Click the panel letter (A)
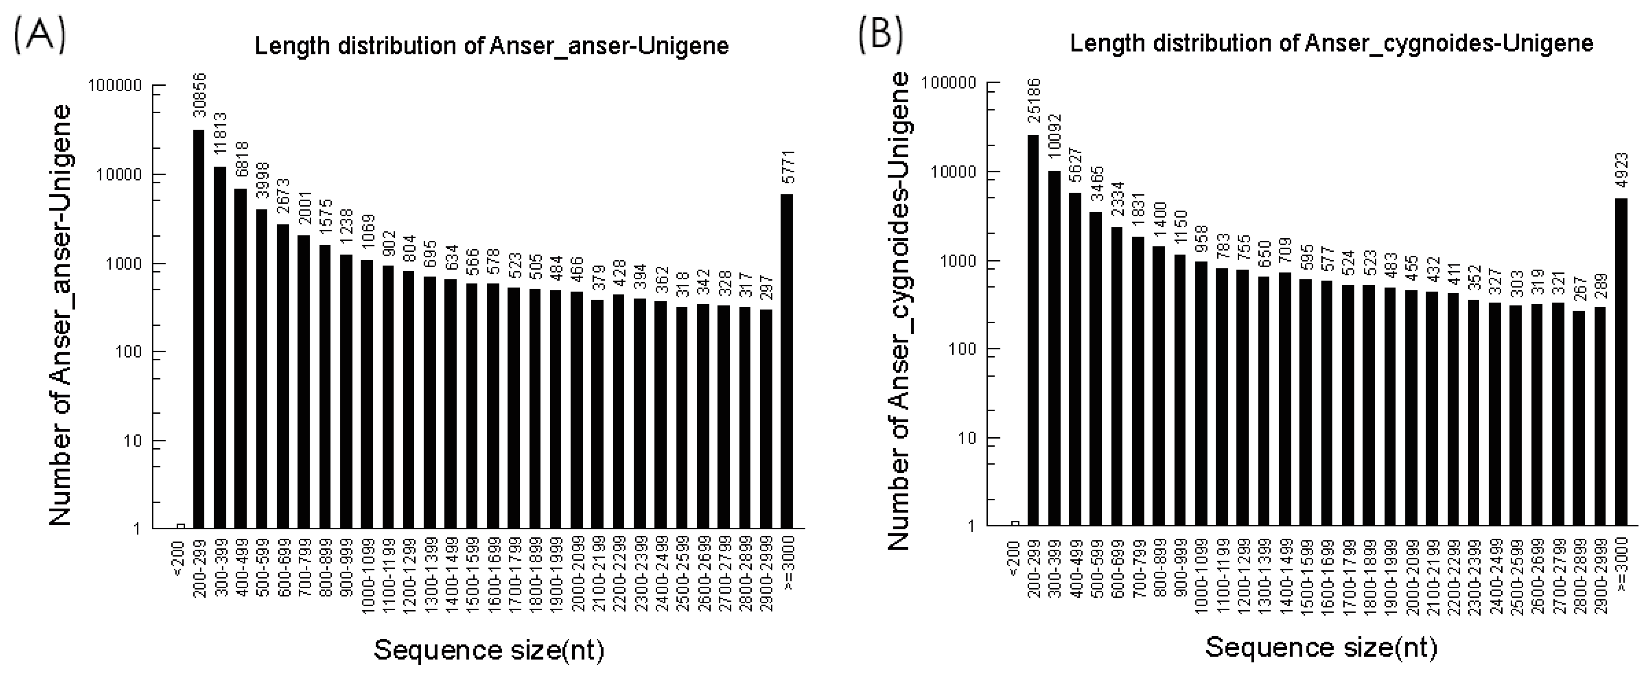tap(38, 37)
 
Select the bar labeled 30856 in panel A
tap(199, 328)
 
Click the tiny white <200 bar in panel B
tap(1014, 523)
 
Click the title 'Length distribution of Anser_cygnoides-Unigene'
tap(1331, 44)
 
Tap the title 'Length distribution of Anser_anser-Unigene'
tap(492, 46)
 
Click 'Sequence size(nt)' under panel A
tap(489, 650)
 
